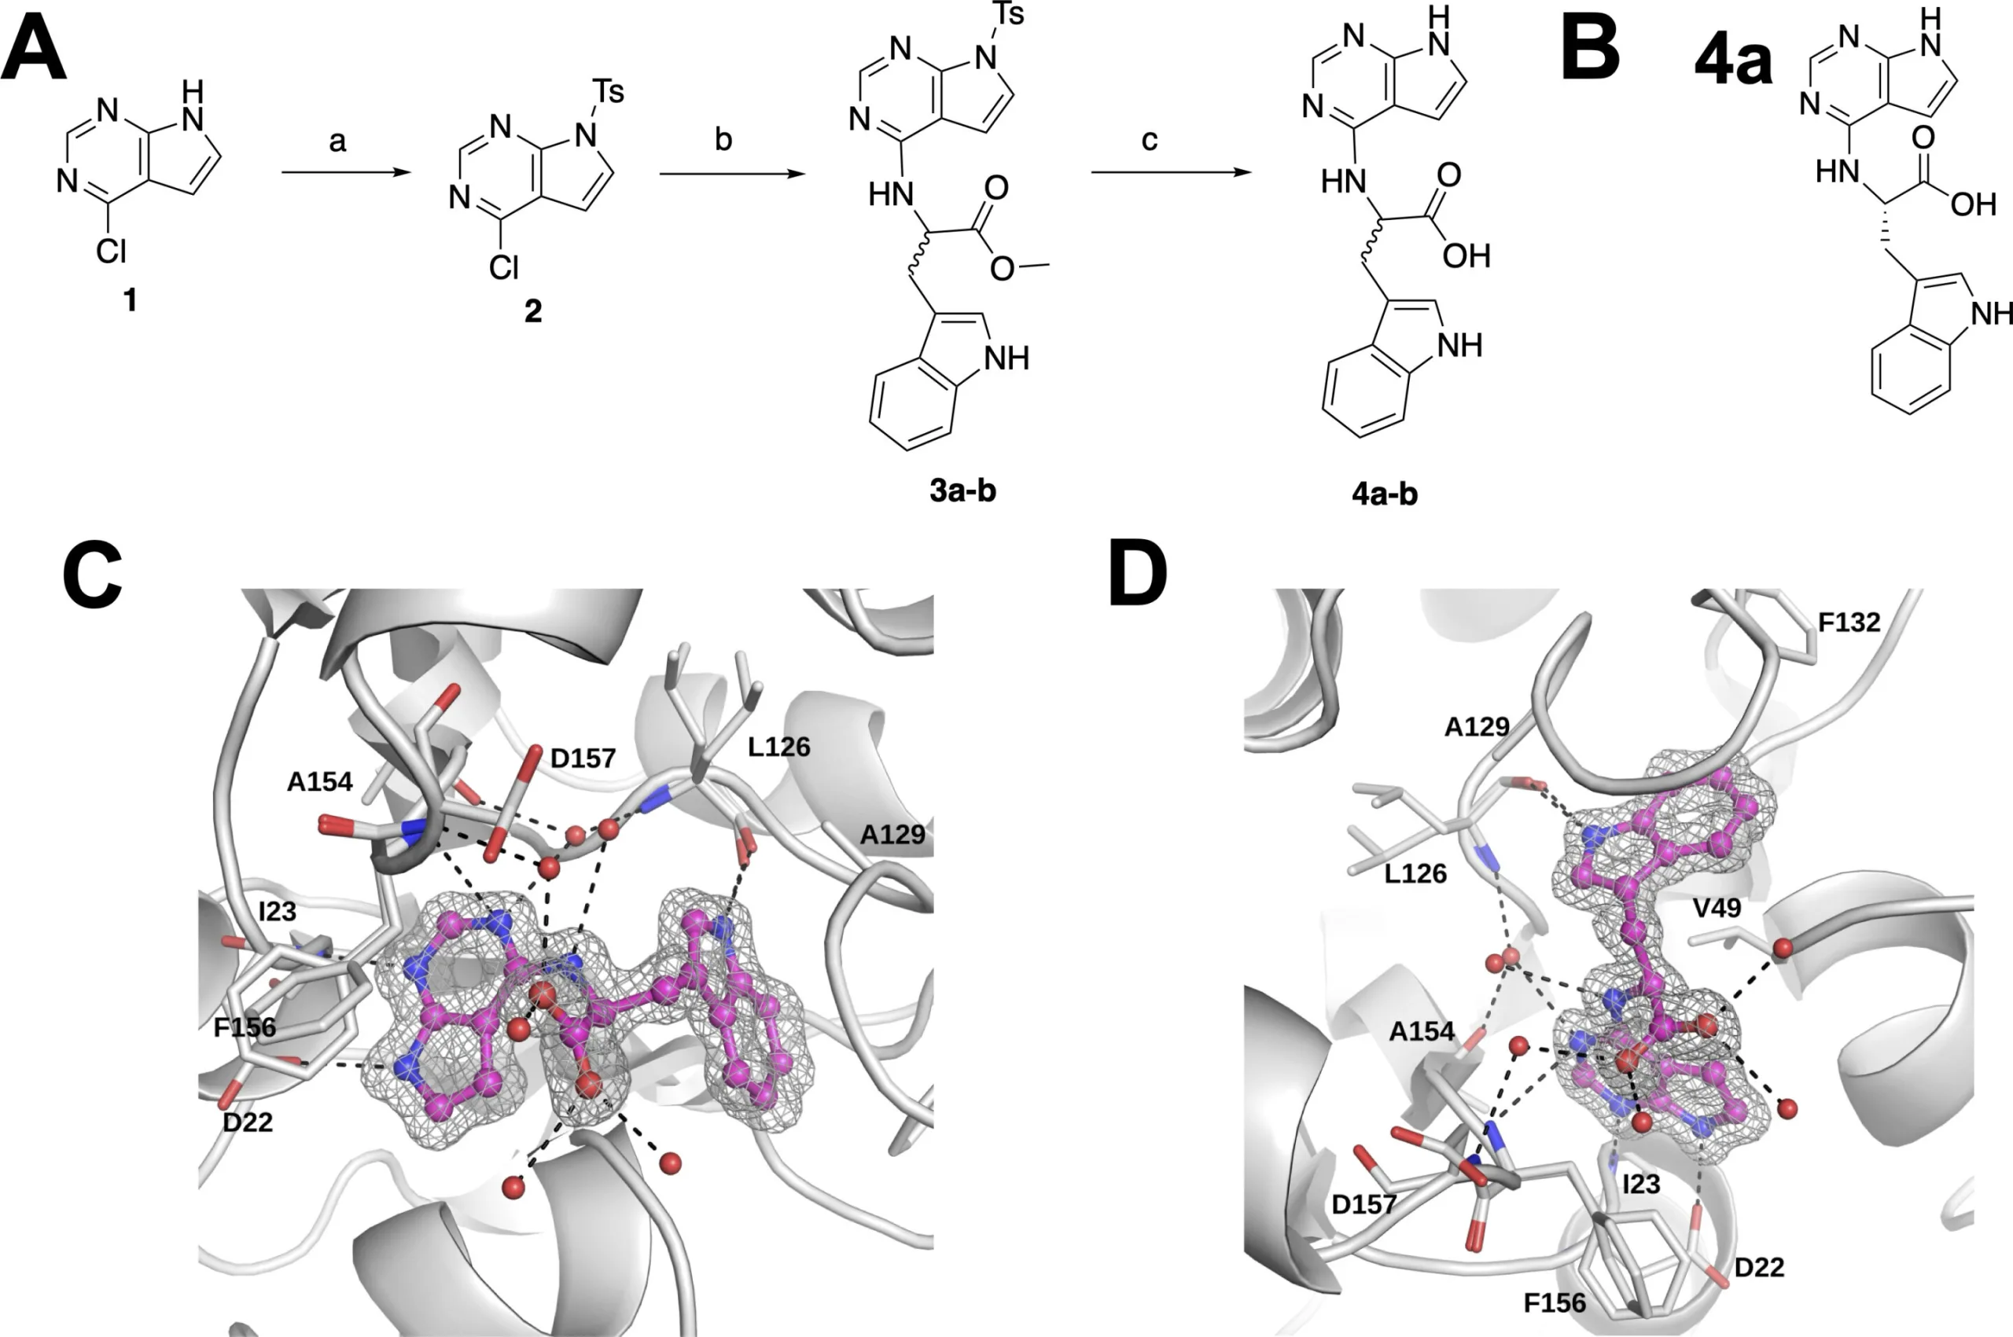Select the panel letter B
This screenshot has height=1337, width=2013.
tap(1591, 52)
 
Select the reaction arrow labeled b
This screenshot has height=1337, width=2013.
tap(733, 174)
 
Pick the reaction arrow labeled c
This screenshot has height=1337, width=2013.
tap(1171, 173)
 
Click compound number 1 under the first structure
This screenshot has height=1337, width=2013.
tap(130, 299)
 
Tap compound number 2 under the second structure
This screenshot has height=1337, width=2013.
tap(533, 311)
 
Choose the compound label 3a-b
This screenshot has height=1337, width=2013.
tap(963, 490)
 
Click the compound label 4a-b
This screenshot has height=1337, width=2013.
tap(1386, 494)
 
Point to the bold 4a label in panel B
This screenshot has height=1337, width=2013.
tap(1732, 61)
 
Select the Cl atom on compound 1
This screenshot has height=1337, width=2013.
tap(111, 252)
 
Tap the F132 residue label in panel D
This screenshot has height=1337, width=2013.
tap(1849, 623)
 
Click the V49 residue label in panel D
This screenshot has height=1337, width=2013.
tap(1717, 908)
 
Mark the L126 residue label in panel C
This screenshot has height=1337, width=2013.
tap(778, 747)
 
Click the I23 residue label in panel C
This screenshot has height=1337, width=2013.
tap(278, 912)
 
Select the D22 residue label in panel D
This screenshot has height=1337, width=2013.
tap(1760, 1267)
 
